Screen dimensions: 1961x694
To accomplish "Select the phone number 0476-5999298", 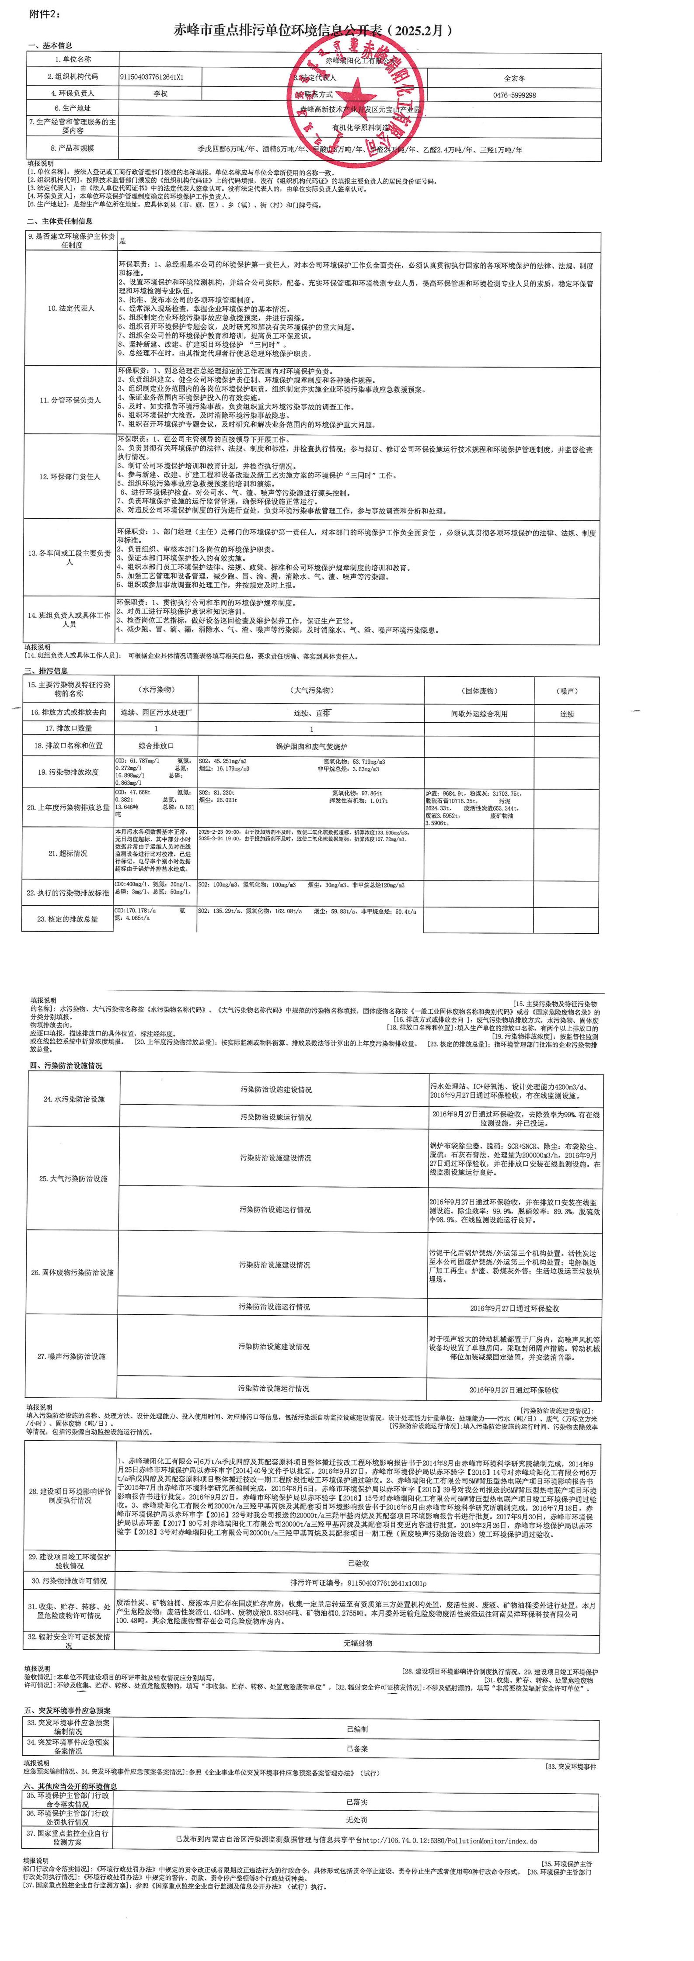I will pyautogui.click(x=514, y=95).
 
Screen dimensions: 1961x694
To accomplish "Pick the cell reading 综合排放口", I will pyautogui.click(x=156, y=746).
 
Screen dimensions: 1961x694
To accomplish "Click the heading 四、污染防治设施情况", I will pyautogui.click(x=66, y=1066).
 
